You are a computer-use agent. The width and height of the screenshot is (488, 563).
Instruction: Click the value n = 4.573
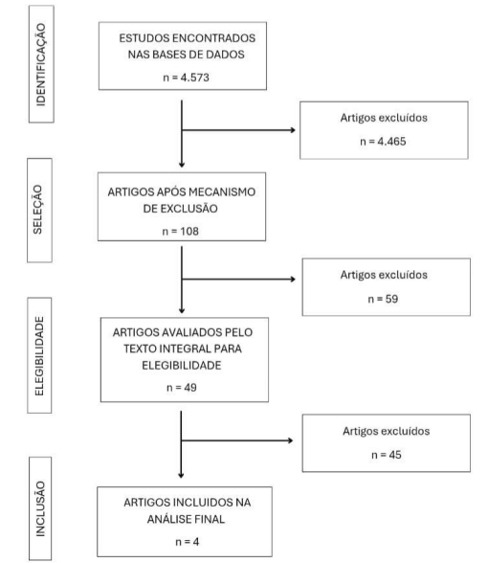pos(186,78)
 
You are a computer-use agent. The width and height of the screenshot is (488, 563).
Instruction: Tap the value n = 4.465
pos(383,141)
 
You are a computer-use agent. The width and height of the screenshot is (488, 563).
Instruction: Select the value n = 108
pos(181,232)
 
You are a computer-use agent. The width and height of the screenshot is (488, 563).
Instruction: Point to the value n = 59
pos(383,299)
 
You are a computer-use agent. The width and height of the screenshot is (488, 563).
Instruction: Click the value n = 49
pos(182,388)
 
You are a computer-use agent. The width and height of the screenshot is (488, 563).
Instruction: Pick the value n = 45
pos(387,455)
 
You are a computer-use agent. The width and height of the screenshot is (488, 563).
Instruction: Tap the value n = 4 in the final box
pos(187,542)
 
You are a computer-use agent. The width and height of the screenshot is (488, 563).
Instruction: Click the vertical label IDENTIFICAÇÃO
pos(41,65)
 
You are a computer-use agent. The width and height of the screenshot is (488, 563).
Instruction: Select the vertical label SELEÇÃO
pos(37,210)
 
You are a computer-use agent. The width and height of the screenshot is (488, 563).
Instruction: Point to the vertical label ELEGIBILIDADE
pos(39,356)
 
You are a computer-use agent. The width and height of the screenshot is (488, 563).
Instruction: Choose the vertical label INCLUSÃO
pos(40,509)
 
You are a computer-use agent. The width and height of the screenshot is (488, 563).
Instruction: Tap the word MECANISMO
pos(222,192)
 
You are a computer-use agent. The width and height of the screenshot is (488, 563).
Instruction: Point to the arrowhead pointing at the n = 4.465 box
pos(293,130)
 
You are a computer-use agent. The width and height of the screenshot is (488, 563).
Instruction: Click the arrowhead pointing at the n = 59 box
pos(293,279)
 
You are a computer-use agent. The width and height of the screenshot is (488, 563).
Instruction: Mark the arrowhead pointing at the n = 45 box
pos(291,440)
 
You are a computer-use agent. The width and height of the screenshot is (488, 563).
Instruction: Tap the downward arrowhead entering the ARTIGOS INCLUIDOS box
pos(181,475)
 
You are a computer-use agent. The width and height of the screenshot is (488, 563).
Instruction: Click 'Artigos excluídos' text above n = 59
pos(384,275)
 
